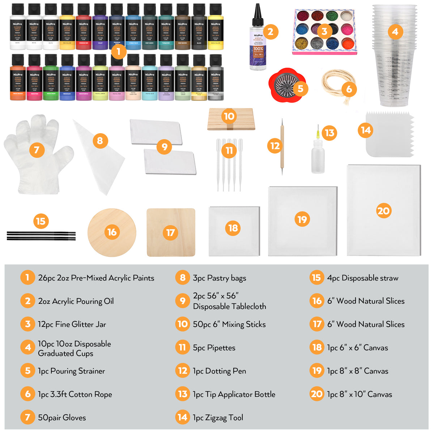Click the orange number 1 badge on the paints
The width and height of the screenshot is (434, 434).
[118, 52]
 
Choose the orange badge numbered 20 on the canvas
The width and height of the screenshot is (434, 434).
[383, 211]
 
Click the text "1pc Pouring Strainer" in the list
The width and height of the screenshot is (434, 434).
[71, 371]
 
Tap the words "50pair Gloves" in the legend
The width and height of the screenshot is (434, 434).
[62, 418]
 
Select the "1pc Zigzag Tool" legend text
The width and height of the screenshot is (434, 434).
[218, 418]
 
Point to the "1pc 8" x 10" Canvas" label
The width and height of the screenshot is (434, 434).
[359, 395]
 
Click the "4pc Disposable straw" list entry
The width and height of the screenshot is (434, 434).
[363, 278]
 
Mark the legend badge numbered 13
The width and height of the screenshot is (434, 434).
[183, 394]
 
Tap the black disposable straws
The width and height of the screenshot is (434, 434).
[41, 236]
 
